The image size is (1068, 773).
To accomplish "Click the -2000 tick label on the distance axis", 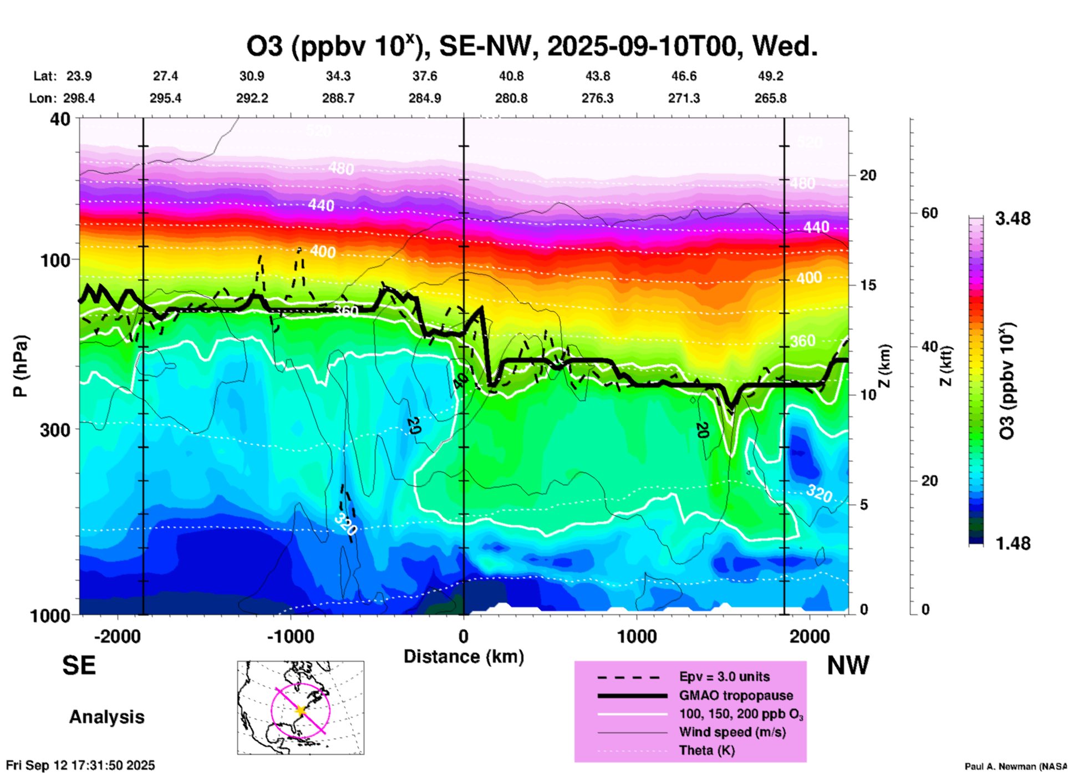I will [x=117, y=637].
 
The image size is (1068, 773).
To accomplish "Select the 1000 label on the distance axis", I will [x=637, y=637].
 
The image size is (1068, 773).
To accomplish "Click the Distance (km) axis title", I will [x=464, y=657].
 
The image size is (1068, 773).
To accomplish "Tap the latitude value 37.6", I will [x=425, y=76].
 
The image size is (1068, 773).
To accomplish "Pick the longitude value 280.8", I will [x=511, y=99].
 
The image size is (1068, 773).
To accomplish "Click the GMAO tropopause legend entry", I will [x=736, y=695].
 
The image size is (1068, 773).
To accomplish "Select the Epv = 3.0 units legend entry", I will [x=724, y=677].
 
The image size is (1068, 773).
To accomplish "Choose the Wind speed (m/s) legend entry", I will [x=732, y=732].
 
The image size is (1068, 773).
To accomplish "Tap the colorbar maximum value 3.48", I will [x=1013, y=219].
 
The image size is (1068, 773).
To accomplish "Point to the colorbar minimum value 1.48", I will [x=1013, y=543].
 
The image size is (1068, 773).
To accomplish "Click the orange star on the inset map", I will [x=301, y=710].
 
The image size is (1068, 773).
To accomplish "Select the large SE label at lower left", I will [x=79, y=665].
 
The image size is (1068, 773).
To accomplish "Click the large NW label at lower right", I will [x=848, y=665].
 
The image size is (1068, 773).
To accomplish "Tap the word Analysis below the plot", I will [x=106, y=717].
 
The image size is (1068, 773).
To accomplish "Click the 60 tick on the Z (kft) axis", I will [x=929, y=213].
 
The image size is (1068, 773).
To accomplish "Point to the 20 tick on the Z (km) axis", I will [x=868, y=175].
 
